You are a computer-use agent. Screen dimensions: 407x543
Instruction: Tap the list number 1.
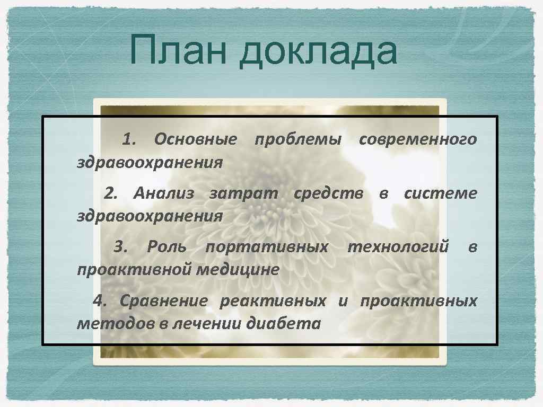point(129,140)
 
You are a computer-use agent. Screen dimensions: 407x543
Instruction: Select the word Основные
point(195,140)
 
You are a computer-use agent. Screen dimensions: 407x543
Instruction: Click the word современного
point(418,140)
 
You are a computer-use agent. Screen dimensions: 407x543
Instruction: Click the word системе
point(440,194)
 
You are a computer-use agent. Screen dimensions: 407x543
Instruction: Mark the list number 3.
point(121,247)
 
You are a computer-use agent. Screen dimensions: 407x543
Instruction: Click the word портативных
point(267,247)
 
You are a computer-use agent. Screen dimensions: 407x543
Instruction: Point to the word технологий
point(398,247)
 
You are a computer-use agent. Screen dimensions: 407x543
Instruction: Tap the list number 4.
point(100,301)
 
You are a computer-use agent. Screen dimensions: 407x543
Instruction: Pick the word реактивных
point(273,302)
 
